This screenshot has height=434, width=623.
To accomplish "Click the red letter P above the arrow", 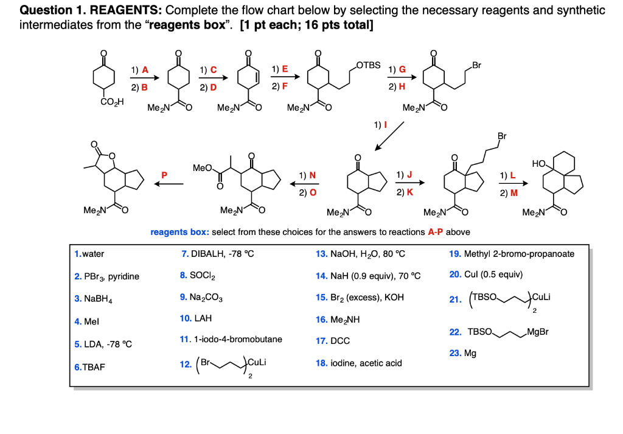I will coord(162,175).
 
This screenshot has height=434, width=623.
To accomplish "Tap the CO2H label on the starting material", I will coord(112,102).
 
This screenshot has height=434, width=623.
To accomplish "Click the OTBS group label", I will coord(369,65).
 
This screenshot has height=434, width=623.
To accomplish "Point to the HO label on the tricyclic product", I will coord(538,164).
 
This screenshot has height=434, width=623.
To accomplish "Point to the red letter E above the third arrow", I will coord(285,69).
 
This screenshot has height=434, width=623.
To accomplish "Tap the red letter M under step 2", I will coord(515,193).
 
